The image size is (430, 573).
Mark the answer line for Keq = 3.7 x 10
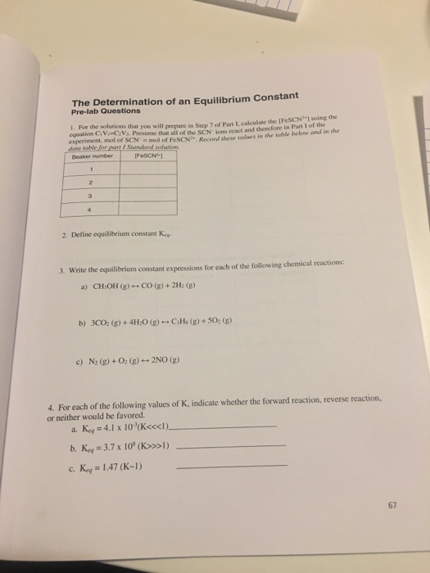click(233, 446)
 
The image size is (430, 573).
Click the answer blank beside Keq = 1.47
click(233, 465)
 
